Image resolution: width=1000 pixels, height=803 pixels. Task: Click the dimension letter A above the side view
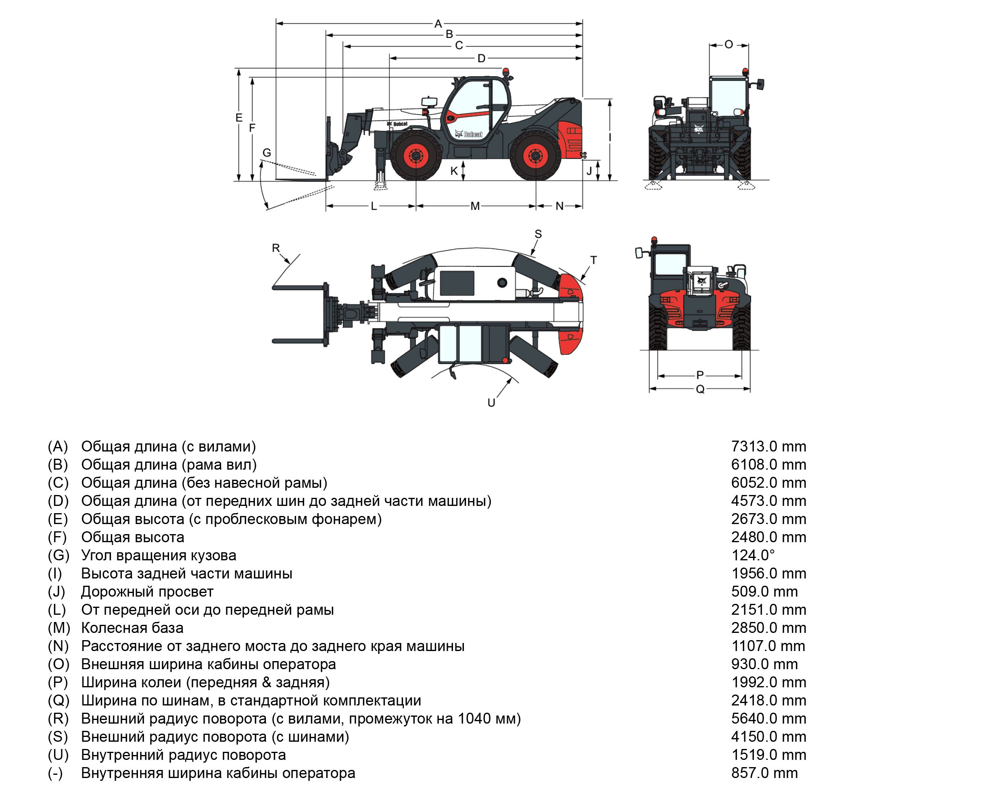pos(438,23)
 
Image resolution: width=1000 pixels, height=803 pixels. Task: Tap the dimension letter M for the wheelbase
pos(475,206)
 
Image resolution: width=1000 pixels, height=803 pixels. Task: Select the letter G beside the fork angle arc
pos(266,152)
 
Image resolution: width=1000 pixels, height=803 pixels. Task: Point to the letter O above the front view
pos(728,44)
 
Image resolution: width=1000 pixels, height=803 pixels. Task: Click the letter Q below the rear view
pos(700,389)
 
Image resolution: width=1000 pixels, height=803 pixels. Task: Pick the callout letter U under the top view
pos(491,403)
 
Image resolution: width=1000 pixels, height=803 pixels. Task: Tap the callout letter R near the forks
pos(276,248)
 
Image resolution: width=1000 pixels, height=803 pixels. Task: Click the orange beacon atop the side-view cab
pos(505,72)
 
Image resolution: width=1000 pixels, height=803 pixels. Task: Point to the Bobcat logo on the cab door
pos(470,134)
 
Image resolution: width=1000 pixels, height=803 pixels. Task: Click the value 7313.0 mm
pos(768,447)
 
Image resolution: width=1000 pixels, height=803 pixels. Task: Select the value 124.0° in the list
pos(753,555)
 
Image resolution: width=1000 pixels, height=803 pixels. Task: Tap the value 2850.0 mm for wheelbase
pos(768,628)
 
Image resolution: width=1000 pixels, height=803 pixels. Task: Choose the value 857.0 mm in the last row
pos(764,773)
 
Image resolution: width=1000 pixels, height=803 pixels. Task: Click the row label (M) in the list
pos(58,628)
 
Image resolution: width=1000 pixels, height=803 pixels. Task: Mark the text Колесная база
pos(132,628)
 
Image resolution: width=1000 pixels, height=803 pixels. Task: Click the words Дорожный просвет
pos(147,592)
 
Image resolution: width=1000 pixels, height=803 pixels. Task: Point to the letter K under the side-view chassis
pos(454,171)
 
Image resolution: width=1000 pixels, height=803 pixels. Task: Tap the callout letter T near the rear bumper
pos(593,260)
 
